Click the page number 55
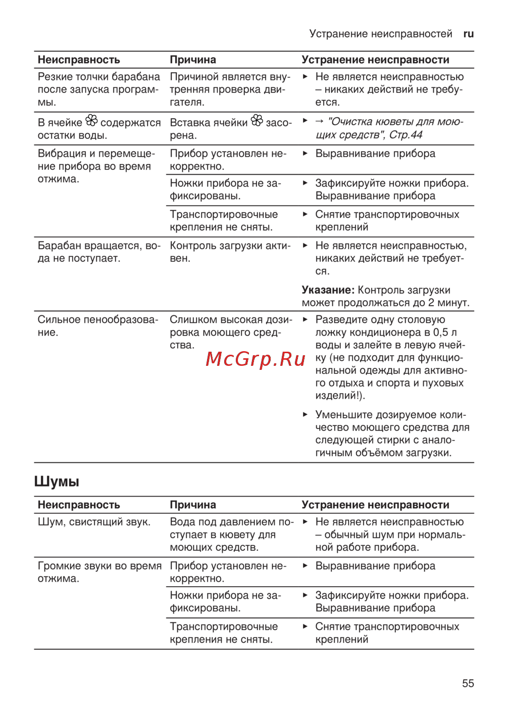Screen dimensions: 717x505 (468, 683)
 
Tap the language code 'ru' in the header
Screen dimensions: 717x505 (468, 34)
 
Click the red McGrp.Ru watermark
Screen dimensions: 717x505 (256, 359)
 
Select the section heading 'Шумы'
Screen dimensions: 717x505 (57, 482)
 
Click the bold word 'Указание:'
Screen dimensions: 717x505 (328, 290)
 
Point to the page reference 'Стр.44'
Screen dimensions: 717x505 (406, 135)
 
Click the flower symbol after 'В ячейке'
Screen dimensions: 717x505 (91, 121)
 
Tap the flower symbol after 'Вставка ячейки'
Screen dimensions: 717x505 (257, 121)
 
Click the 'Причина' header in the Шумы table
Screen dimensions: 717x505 (193, 505)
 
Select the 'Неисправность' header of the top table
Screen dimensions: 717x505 (79, 60)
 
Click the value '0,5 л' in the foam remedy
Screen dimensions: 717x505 (445, 332)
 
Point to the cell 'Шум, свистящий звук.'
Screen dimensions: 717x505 (94, 522)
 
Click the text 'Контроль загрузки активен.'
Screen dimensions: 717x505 (230, 252)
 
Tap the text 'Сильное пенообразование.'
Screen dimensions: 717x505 (97, 326)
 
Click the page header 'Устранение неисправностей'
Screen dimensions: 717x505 (381, 34)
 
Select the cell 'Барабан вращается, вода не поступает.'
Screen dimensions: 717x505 (98, 252)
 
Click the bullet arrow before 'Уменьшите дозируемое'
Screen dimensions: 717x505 (305, 414)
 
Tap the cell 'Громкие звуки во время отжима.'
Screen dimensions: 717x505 (99, 572)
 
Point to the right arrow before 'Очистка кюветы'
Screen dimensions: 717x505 (319, 121)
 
